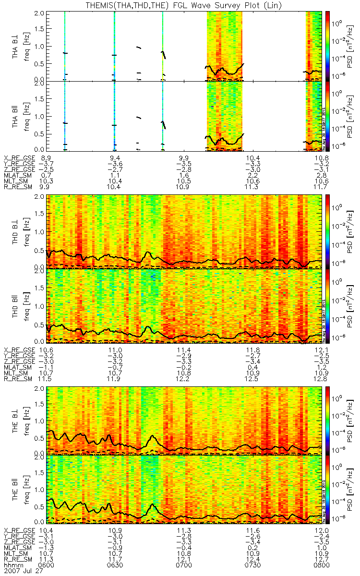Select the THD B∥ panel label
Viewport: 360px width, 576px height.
click(x=16, y=306)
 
